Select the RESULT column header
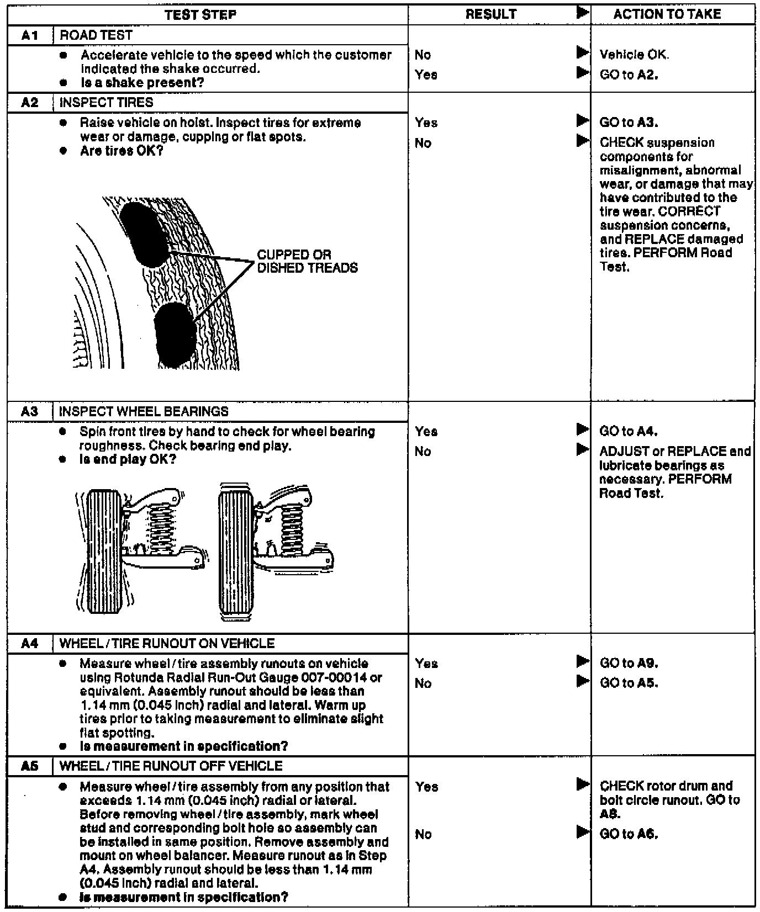pos(490,14)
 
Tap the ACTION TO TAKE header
pos(667,14)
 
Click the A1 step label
pos(30,35)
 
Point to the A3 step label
pos(30,411)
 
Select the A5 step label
pos(30,766)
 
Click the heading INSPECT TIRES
pos(106,103)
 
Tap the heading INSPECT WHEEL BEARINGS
pos(144,411)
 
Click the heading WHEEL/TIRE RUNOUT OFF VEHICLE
pos(171,766)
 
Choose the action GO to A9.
pos(629,663)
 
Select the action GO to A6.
pos(629,834)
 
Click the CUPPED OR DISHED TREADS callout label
pos(307,262)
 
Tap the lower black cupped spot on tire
pos(176,335)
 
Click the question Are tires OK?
pos(122,151)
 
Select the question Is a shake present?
pos(142,83)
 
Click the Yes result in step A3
pos(426,431)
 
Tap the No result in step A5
pos(423,834)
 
